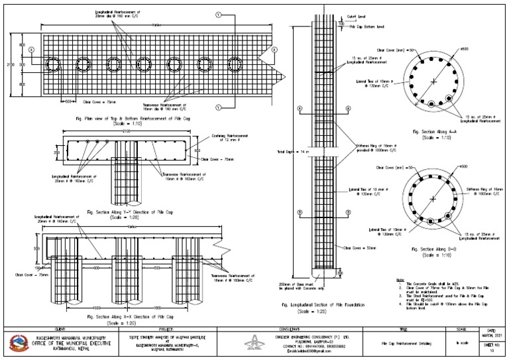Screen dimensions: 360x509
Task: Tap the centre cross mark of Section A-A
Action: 433,81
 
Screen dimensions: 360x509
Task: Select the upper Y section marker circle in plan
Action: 218,14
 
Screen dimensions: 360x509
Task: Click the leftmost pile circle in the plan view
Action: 54,64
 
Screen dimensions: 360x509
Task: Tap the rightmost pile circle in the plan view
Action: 235,64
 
